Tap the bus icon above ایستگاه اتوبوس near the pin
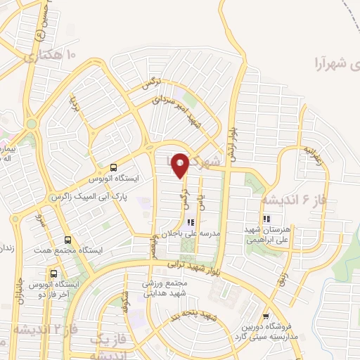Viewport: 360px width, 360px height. (x=113, y=167)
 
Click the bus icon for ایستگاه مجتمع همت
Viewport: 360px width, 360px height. (x=67, y=239)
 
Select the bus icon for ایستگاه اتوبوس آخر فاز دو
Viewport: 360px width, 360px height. (x=53, y=273)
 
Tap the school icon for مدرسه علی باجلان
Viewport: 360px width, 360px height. (x=191, y=222)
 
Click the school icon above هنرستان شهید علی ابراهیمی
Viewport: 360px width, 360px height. (x=266, y=219)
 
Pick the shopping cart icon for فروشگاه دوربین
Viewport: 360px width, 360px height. (x=266, y=317)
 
